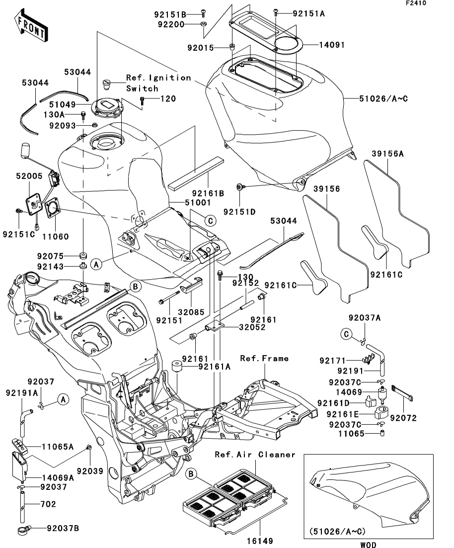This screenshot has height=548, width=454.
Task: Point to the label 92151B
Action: (x=171, y=14)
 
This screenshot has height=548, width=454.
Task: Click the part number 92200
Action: (x=170, y=24)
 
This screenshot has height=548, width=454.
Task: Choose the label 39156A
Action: (x=387, y=154)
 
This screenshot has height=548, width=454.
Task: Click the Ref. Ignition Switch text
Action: (x=157, y=83)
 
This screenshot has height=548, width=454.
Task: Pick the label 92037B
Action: (x=62, y=528)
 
